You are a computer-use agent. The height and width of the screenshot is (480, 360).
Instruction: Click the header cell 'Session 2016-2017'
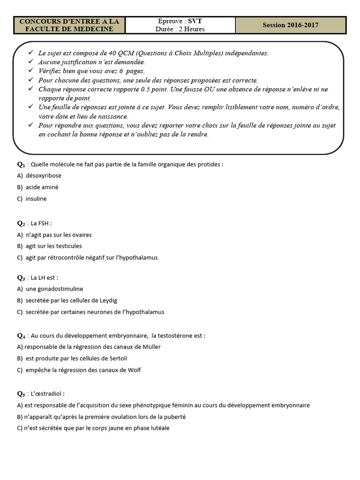[291, 25]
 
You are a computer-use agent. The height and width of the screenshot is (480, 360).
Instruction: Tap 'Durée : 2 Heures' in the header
[180, 29]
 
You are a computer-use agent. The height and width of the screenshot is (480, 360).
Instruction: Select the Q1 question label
[21, 165]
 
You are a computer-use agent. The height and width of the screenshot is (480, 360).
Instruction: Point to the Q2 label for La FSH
[21, 223]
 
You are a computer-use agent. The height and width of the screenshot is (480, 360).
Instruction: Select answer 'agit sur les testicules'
[53, 246]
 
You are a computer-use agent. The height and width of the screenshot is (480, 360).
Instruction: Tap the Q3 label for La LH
[21, 277]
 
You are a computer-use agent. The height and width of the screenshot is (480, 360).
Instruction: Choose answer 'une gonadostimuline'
[54, 289]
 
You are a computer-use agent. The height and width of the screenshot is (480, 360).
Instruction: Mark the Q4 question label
[21, 336]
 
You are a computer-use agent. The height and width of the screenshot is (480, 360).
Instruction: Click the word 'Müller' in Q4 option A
[151, 347]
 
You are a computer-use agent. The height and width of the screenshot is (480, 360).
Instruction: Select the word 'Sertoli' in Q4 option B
[117, 359]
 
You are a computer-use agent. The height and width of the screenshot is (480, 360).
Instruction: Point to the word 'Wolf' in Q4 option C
[134, 370]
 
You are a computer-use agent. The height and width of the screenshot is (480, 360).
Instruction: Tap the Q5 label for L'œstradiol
[21, 394]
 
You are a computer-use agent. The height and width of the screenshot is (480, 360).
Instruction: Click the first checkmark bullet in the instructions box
[31, 52]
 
